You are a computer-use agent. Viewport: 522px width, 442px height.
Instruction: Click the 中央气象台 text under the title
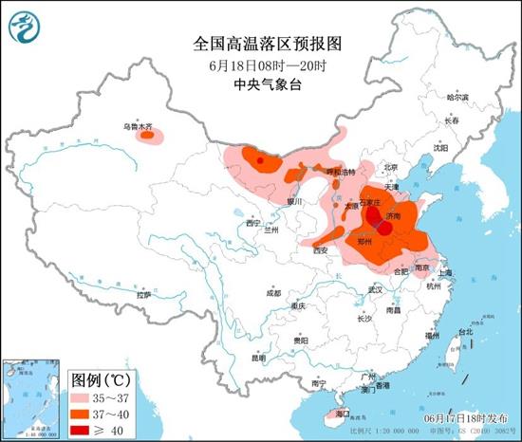(x=260, y=84)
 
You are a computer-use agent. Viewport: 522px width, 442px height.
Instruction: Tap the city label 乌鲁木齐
(x=135, y=125)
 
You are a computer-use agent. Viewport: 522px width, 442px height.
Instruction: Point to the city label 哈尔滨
(x=457, y=98)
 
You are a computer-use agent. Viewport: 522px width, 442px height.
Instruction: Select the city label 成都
(x=274, y=291)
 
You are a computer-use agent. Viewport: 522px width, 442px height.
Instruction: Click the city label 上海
(x=445, y=272)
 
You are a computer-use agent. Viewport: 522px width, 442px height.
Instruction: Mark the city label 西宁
(x=252, y=223)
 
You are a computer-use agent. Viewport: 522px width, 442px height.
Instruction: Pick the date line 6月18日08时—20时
(x=260, y=65)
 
